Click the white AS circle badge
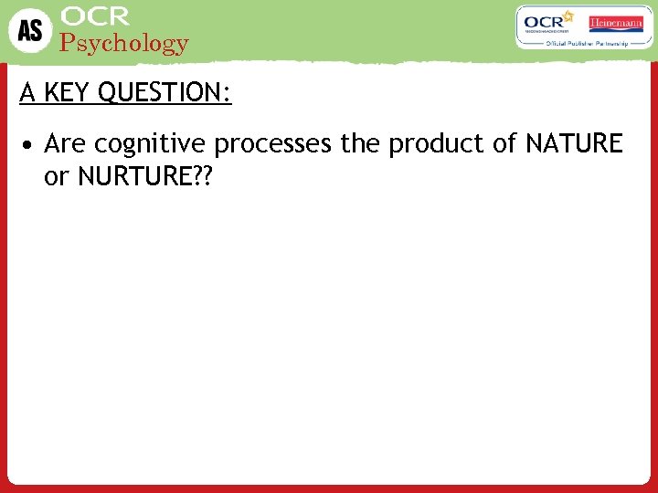30,30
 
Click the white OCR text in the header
96,16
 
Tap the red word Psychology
123,43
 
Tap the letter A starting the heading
27,93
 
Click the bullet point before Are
30,145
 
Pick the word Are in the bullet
65,144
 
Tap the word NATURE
573,144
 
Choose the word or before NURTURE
56,177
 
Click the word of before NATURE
505,144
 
